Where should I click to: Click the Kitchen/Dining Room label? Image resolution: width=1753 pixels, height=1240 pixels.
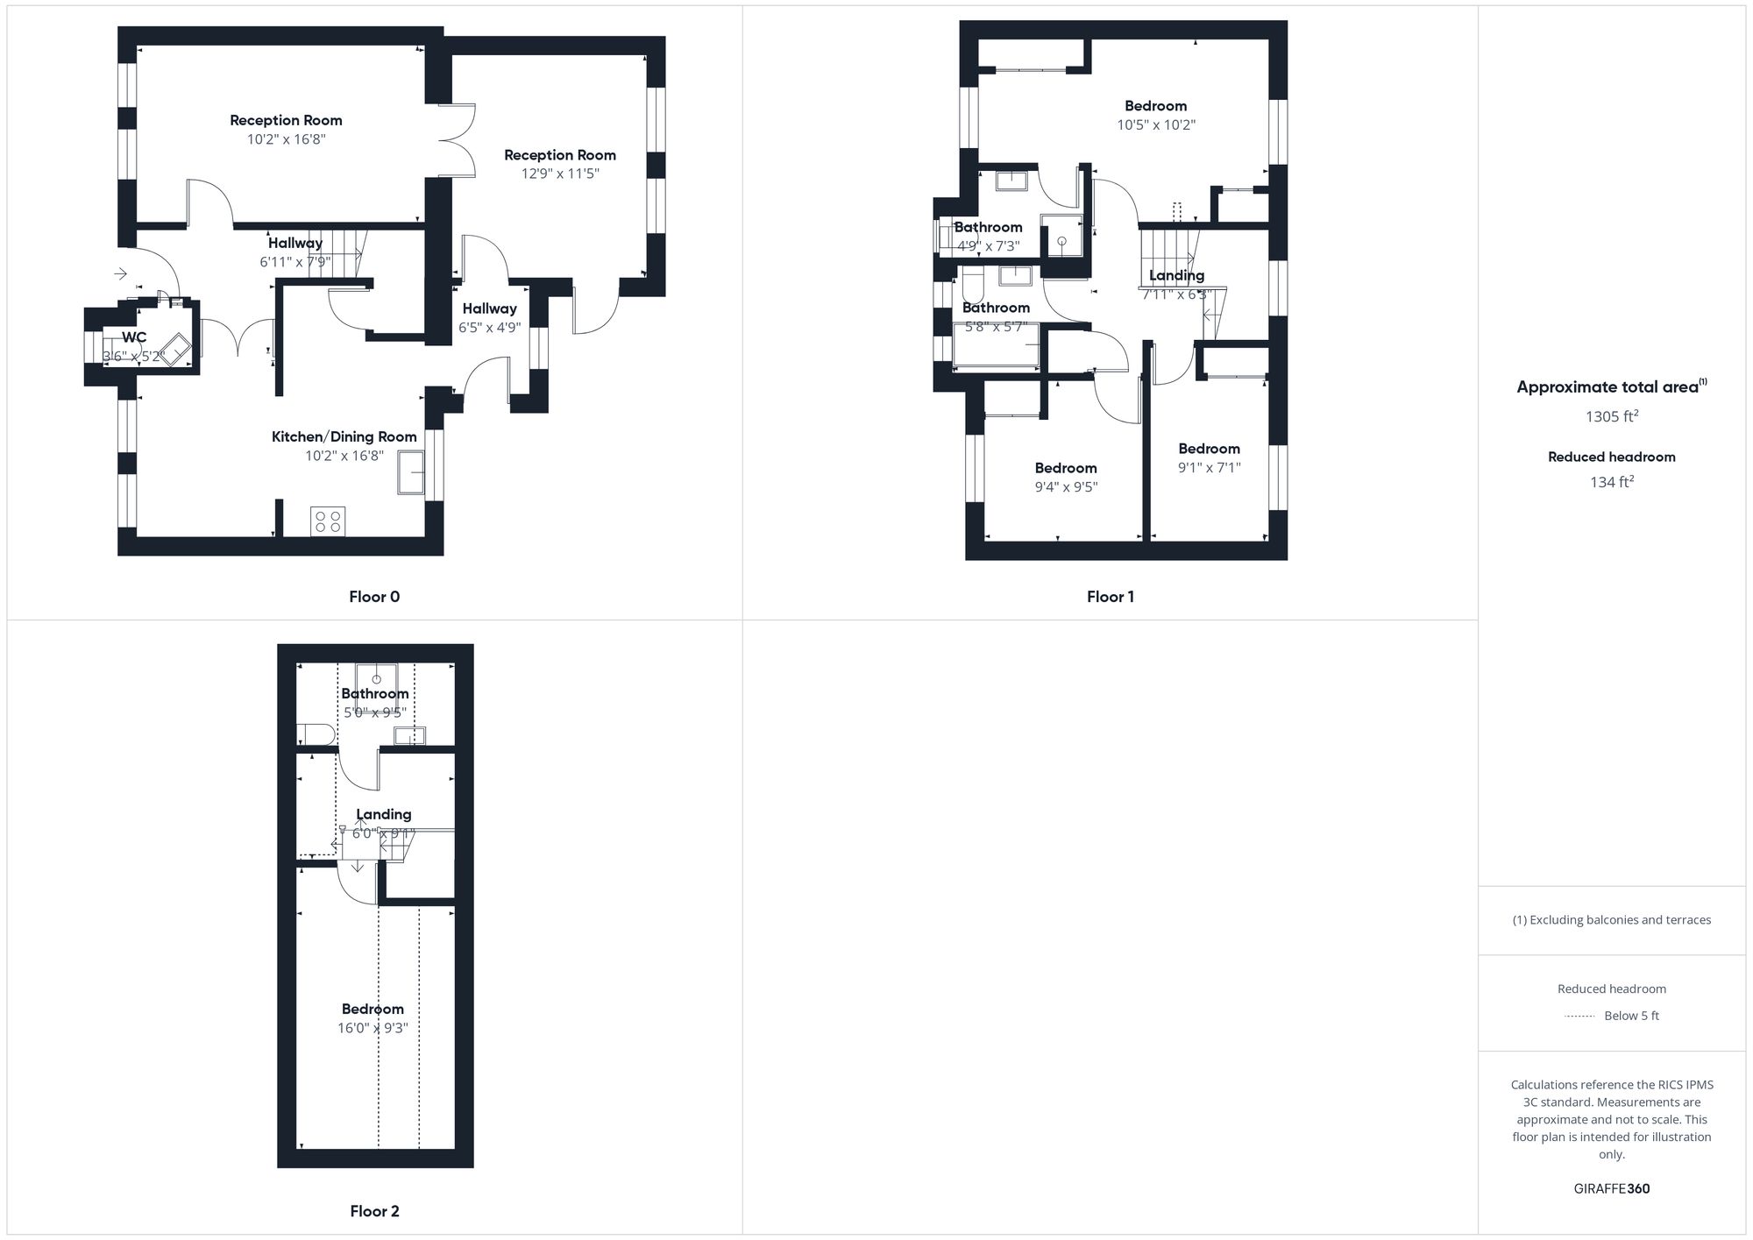pos(344,436)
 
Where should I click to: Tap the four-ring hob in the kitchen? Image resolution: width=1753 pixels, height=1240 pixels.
pos(328,521)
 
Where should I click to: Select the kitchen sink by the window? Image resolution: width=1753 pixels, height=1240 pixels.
pos(411,471)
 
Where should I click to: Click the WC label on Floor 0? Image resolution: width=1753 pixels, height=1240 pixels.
pos(134,337)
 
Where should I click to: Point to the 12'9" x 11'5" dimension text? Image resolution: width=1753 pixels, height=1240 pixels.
pos(560,174)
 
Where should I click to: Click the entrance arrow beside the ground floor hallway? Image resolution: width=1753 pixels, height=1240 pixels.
pos(121,274)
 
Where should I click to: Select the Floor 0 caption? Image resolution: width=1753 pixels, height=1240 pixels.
pos(374,597)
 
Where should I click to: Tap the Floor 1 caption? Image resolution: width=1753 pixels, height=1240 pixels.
pos(1111,597)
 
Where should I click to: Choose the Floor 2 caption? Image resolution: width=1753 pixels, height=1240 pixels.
pos(374,1211)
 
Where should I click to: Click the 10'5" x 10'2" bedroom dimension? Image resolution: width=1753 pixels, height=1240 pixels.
pos(1156,124)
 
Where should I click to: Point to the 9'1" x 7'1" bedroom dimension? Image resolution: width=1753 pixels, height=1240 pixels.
pos(1209,467)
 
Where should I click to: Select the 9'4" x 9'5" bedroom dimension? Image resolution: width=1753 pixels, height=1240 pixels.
pos(1066,486)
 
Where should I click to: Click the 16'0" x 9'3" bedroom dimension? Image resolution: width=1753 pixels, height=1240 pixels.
pos(373,1028)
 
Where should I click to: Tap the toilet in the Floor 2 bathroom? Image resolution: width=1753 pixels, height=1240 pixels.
pos(315,733)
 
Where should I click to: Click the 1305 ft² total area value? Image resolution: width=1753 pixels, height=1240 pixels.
pos(1612,416)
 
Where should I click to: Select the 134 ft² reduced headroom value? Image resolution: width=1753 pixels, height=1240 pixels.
pos(1612,482)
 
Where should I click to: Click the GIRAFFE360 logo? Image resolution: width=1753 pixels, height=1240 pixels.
pos(1612,1189)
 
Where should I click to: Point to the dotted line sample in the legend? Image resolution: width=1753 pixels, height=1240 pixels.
pos(1579,1017)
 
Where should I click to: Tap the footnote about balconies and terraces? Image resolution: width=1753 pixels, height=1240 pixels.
pos(1612,920)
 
